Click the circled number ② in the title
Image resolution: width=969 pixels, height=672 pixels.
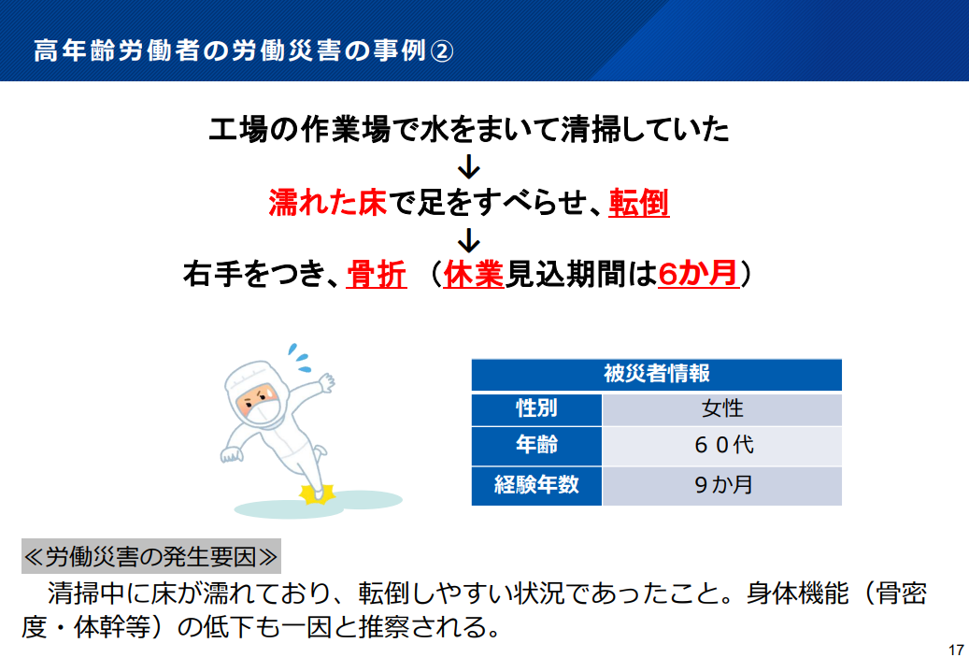click(441, 50)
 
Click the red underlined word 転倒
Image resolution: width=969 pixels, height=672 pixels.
click(639, 203)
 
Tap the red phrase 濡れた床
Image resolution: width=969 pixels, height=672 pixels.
click(328, 203)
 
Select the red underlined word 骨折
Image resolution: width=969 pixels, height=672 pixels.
click(377, 274)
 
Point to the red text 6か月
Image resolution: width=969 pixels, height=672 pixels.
click(698, 273)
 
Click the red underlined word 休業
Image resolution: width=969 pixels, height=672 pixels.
click(474, 274)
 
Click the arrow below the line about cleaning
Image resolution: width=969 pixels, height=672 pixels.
click(469, 166)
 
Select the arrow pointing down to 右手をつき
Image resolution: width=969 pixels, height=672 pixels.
click(469, 240)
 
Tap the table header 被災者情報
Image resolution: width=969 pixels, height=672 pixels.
click(656, 374)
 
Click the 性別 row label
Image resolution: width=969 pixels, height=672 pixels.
click(536, 409)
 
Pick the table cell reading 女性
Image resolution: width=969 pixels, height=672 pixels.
click(721, 409)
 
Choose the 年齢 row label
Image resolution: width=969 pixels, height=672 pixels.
click(536, 445)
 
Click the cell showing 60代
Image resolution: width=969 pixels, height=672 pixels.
click(721, 445)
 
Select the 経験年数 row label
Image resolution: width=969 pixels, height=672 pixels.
click(536, 485)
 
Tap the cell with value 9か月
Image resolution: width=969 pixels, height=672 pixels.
click(721, 485)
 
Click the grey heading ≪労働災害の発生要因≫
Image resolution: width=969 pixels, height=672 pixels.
click(150, 556)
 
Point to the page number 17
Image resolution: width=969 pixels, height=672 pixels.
click(956, 651)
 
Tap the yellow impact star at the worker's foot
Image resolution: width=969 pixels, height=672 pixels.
click(317, 494)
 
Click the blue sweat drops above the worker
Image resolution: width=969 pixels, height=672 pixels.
click(300, 357)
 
